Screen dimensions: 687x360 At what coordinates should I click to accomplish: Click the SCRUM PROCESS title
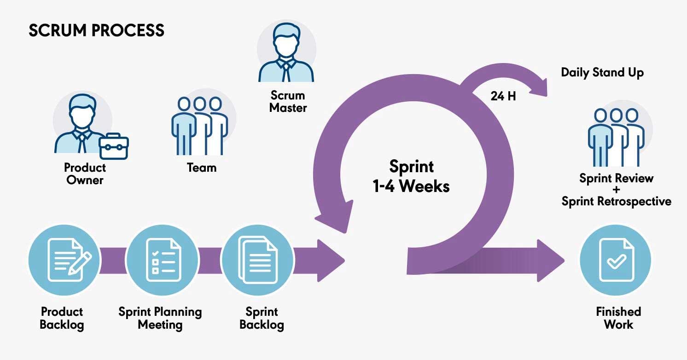point(96,30)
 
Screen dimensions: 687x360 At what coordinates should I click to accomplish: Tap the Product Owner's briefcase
point(114,146)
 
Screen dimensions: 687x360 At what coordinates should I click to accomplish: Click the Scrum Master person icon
point(286,52)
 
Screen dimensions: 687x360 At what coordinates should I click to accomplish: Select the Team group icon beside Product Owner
point(200,126)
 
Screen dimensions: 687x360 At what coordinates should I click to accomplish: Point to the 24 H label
point(503,96)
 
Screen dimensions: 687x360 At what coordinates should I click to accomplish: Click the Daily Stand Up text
point(602,73)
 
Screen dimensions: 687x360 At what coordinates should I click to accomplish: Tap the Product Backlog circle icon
point(64,260)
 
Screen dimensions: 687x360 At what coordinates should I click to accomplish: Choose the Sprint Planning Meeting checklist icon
point(163,260)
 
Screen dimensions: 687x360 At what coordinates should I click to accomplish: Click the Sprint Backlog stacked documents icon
point(258,260)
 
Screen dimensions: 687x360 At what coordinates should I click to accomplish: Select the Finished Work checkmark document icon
point(617,260)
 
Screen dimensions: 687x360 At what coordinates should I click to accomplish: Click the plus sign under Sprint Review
point(616,190)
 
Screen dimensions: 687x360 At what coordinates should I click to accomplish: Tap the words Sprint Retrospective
point(617,202)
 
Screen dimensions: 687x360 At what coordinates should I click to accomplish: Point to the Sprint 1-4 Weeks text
point(411,176)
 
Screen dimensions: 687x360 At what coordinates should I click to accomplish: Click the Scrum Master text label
point(288,101)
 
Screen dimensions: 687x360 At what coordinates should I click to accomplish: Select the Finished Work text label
point(618,318)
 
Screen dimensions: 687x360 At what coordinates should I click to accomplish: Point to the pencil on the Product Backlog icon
point(80,263)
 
